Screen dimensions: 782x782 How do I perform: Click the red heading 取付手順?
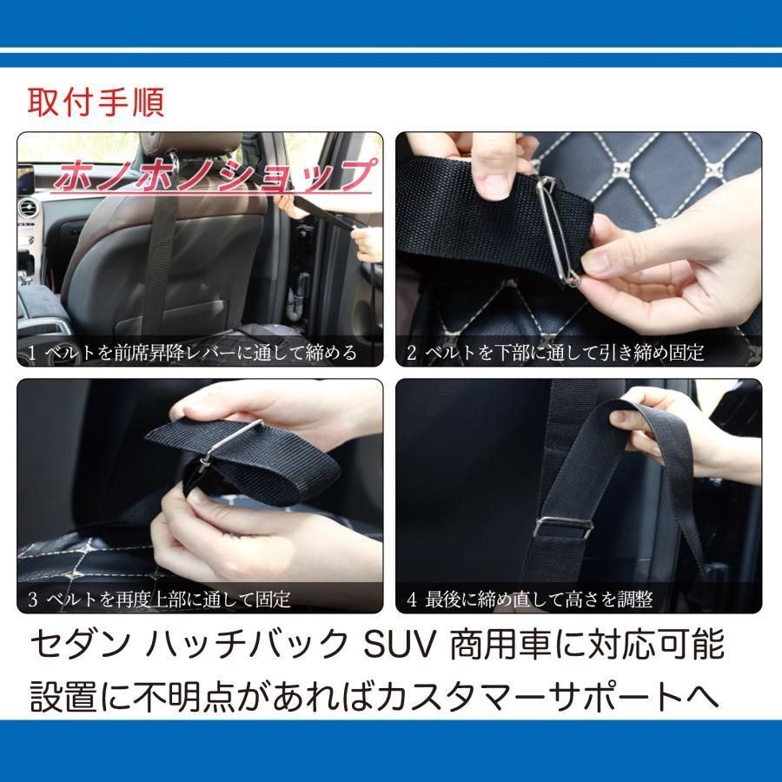point(96,102)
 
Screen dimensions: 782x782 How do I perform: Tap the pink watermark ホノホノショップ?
point(213,176)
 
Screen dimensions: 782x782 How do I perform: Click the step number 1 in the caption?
point(31,354)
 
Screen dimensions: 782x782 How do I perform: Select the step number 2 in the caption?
point(412,354)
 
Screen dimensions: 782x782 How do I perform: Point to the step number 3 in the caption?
point(31,600)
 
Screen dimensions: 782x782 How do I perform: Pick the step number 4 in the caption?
point(412,600)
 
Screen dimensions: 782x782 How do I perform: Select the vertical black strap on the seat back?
point(160,261)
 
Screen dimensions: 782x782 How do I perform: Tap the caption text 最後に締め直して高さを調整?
point(539,600)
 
